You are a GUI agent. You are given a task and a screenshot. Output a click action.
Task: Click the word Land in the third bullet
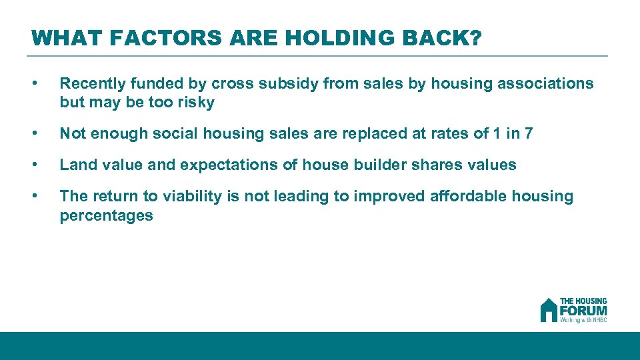(75, 165)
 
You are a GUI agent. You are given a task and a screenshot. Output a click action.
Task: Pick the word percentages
(106, 215)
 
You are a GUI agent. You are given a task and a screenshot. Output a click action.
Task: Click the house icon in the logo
(549, 310)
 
